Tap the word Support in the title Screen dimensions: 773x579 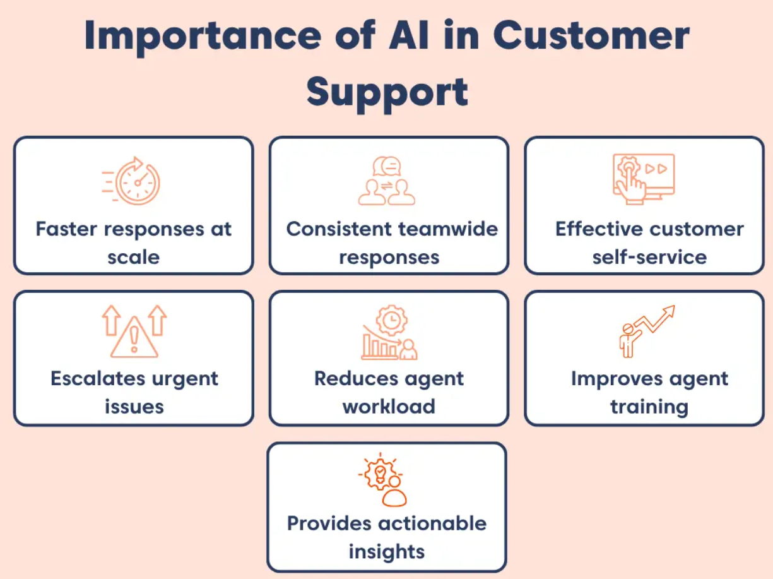(x=387, y=94)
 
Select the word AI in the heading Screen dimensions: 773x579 (x=409, y=35)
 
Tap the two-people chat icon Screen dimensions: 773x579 (x=387, y=181)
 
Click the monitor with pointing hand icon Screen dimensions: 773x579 (x=644, y=179)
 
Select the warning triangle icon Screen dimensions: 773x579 (x=134, y=331)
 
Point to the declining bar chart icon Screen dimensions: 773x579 (x=389, y=332)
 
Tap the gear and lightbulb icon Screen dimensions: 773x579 (x=383, y=480)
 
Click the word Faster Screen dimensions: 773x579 (x=66, y=229)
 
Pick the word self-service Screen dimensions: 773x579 (x=649, y=257)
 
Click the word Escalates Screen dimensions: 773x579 (x=98, y=379)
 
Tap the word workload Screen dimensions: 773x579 (x=389, y=407)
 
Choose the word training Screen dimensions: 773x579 (x=649, y=408)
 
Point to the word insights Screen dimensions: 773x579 (x=387, y=551)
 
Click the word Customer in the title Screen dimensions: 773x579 (x=591, y=35)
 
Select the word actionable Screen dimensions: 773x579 (x=432, y=523)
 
